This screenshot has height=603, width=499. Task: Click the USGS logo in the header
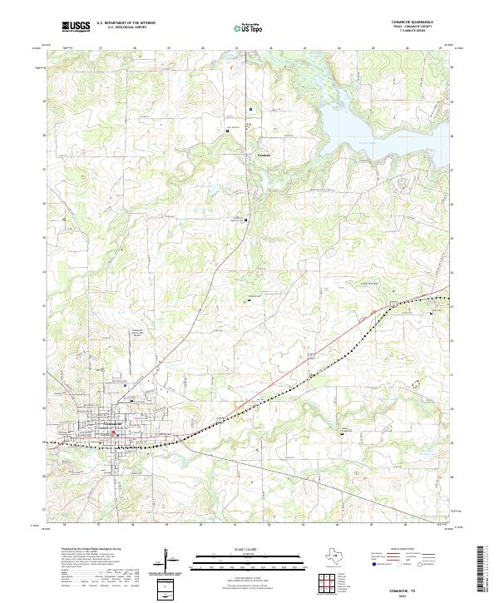(76, 27)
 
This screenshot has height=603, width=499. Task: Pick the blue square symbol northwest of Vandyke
(250, 107)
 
